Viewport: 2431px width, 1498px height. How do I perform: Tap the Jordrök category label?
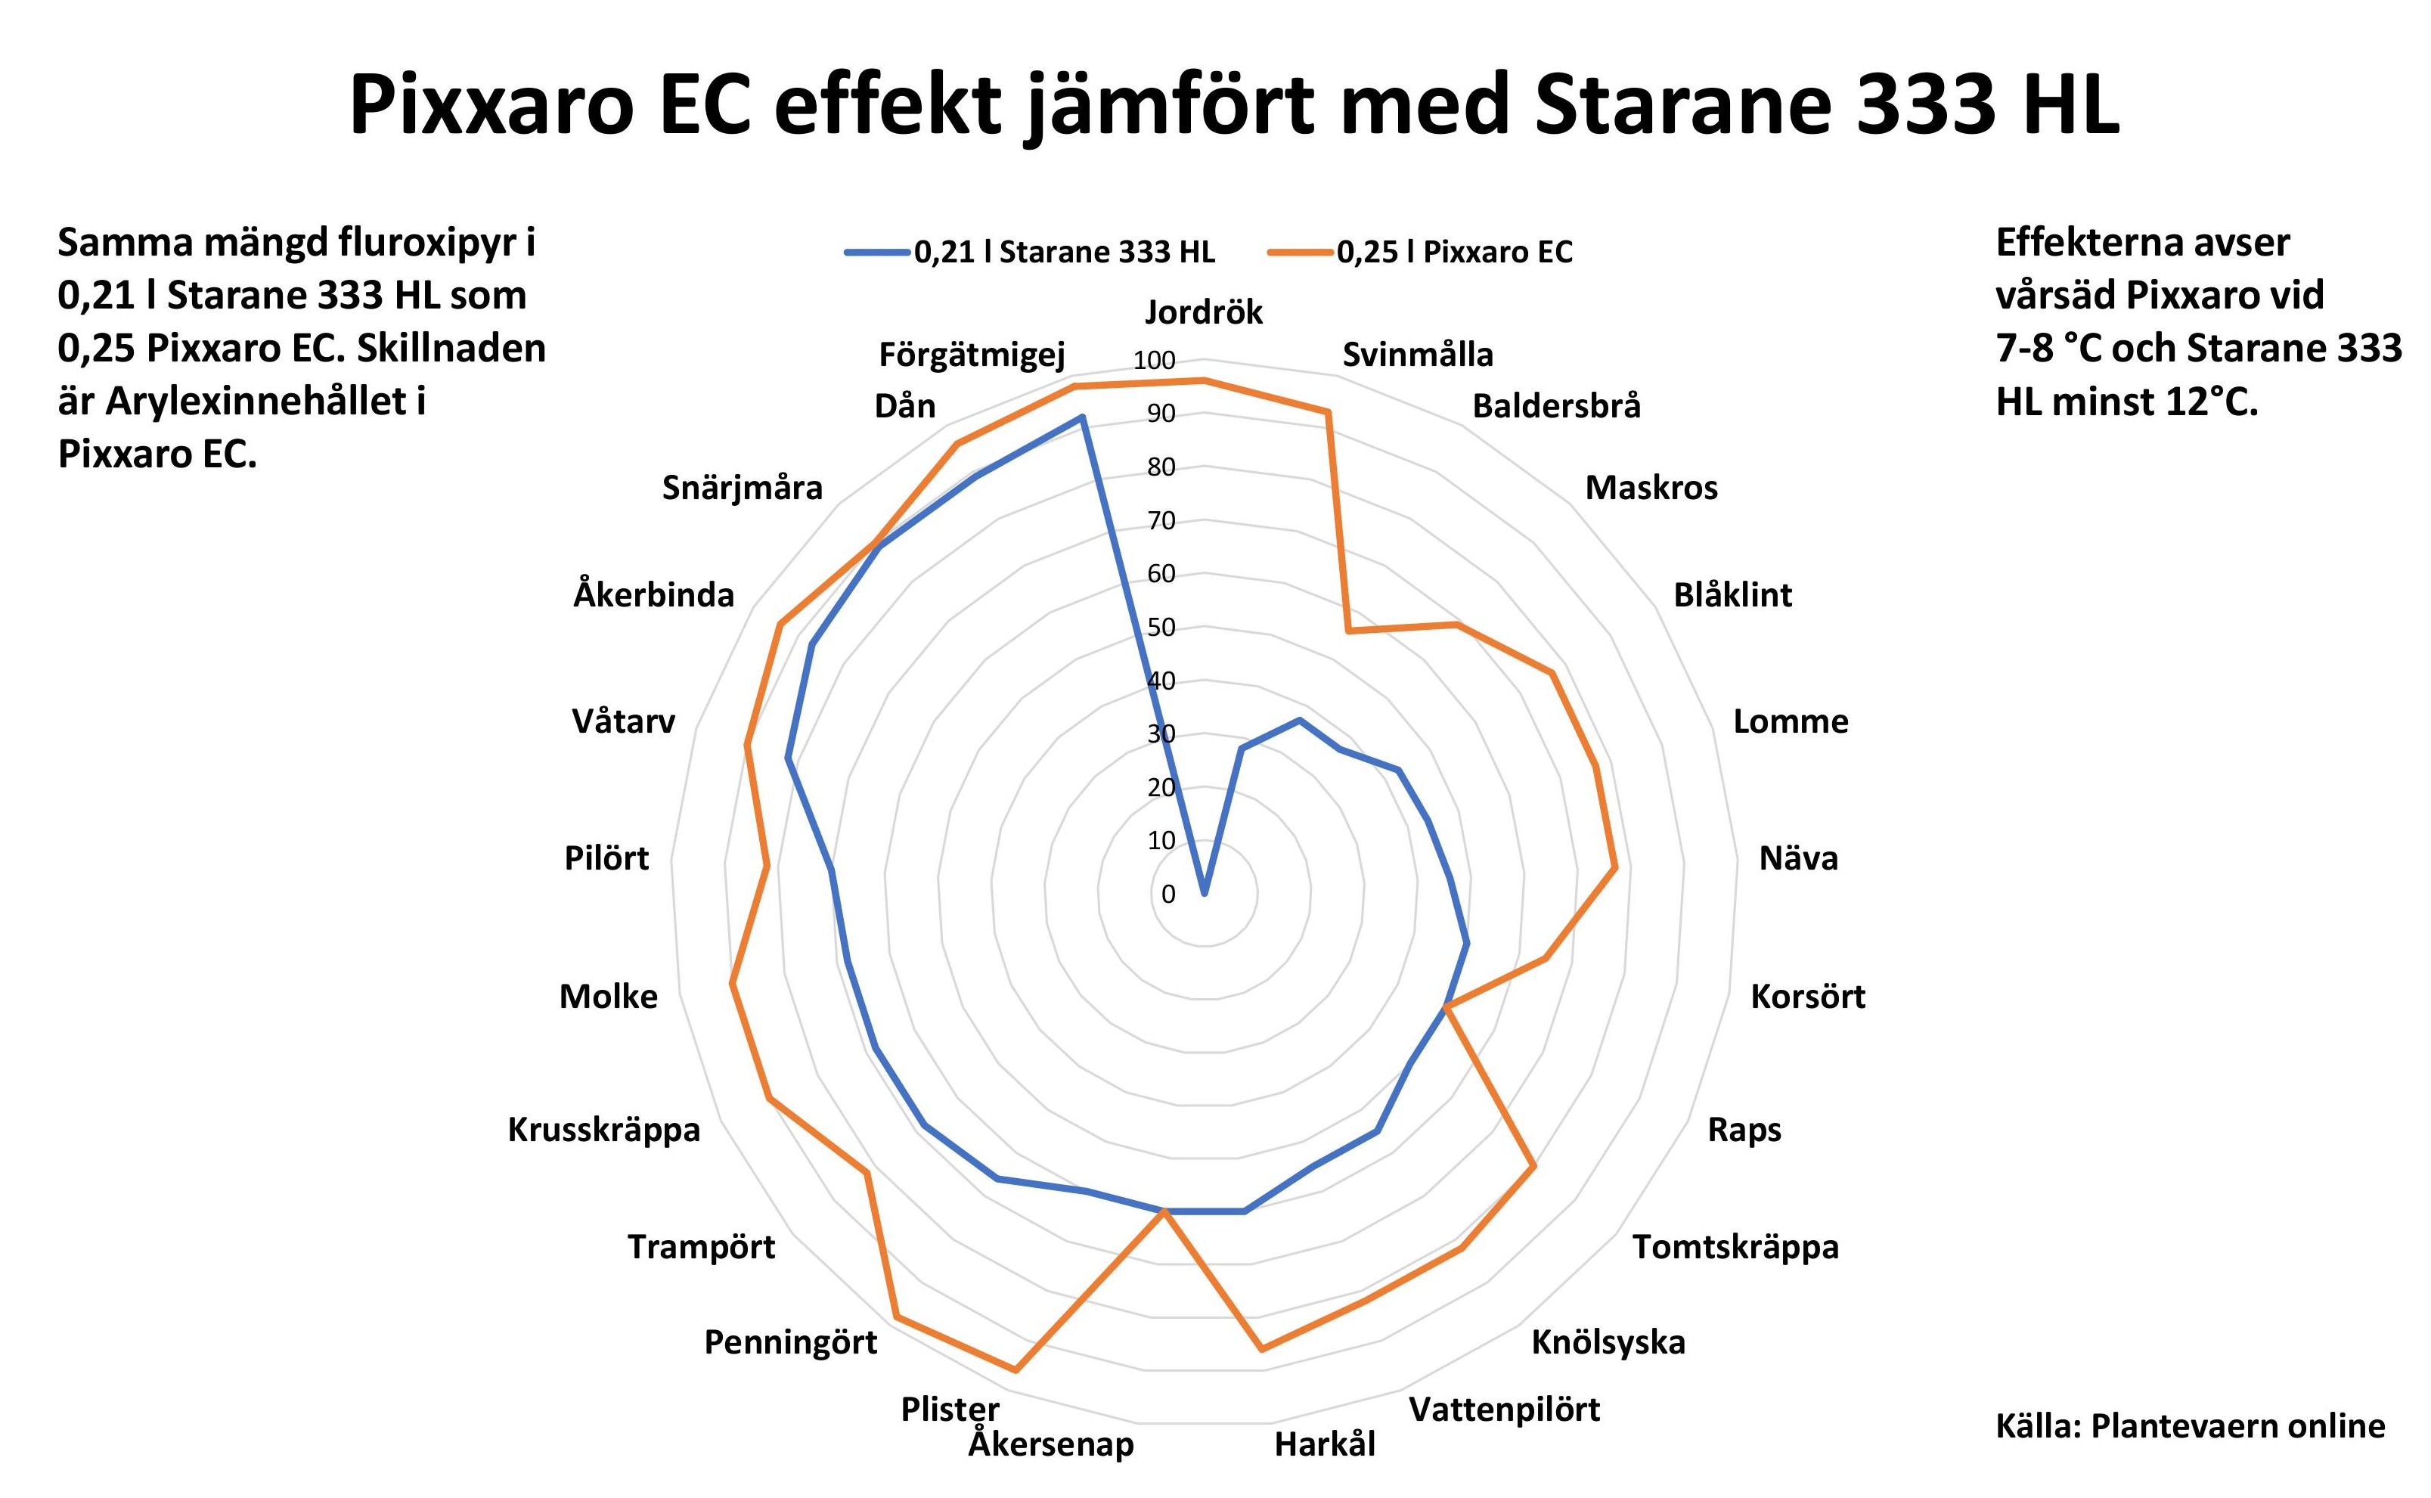1204,312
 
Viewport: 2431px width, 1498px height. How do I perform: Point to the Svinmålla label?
1416,355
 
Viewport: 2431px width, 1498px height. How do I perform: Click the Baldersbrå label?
1556,406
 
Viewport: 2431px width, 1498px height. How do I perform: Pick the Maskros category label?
1651,488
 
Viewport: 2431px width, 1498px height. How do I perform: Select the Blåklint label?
1732,594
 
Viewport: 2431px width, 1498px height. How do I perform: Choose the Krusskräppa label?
603,1130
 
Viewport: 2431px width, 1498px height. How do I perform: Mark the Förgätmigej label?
972,355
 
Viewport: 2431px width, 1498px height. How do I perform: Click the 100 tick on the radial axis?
1154,361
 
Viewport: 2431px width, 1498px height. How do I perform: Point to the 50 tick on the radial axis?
1161,627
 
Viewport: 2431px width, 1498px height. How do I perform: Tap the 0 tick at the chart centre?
1168,894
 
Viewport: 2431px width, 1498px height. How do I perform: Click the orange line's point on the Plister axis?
1016,1371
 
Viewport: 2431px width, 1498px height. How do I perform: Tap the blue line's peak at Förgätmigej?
1082,417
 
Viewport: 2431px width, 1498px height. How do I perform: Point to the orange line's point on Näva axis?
1616,868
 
